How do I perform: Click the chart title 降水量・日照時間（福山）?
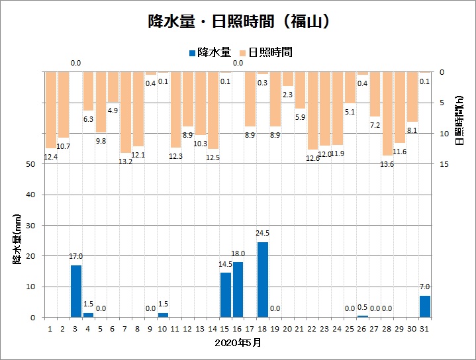[x=238, y=21]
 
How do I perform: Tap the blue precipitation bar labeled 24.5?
[x=263, y=279]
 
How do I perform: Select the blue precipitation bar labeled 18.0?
[x=238, y=289]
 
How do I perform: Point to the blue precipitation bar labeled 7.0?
[x=425, y=306]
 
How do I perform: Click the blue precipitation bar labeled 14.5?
[x=226, y=294]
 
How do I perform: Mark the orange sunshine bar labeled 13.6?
[x=387, y=113]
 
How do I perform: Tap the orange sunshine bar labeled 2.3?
[x=287, y=79]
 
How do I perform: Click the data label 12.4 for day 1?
[x=51, y=157]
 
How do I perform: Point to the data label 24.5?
[x=263, y=233]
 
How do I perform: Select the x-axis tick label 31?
[x=425, y=328]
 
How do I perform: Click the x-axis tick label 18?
[x=263, y=328]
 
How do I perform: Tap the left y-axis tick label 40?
[x=30, y=195]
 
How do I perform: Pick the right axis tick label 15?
[x=444, y=164]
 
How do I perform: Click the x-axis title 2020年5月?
[x=238, y=343]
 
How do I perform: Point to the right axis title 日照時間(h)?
[x=459, y=118]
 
